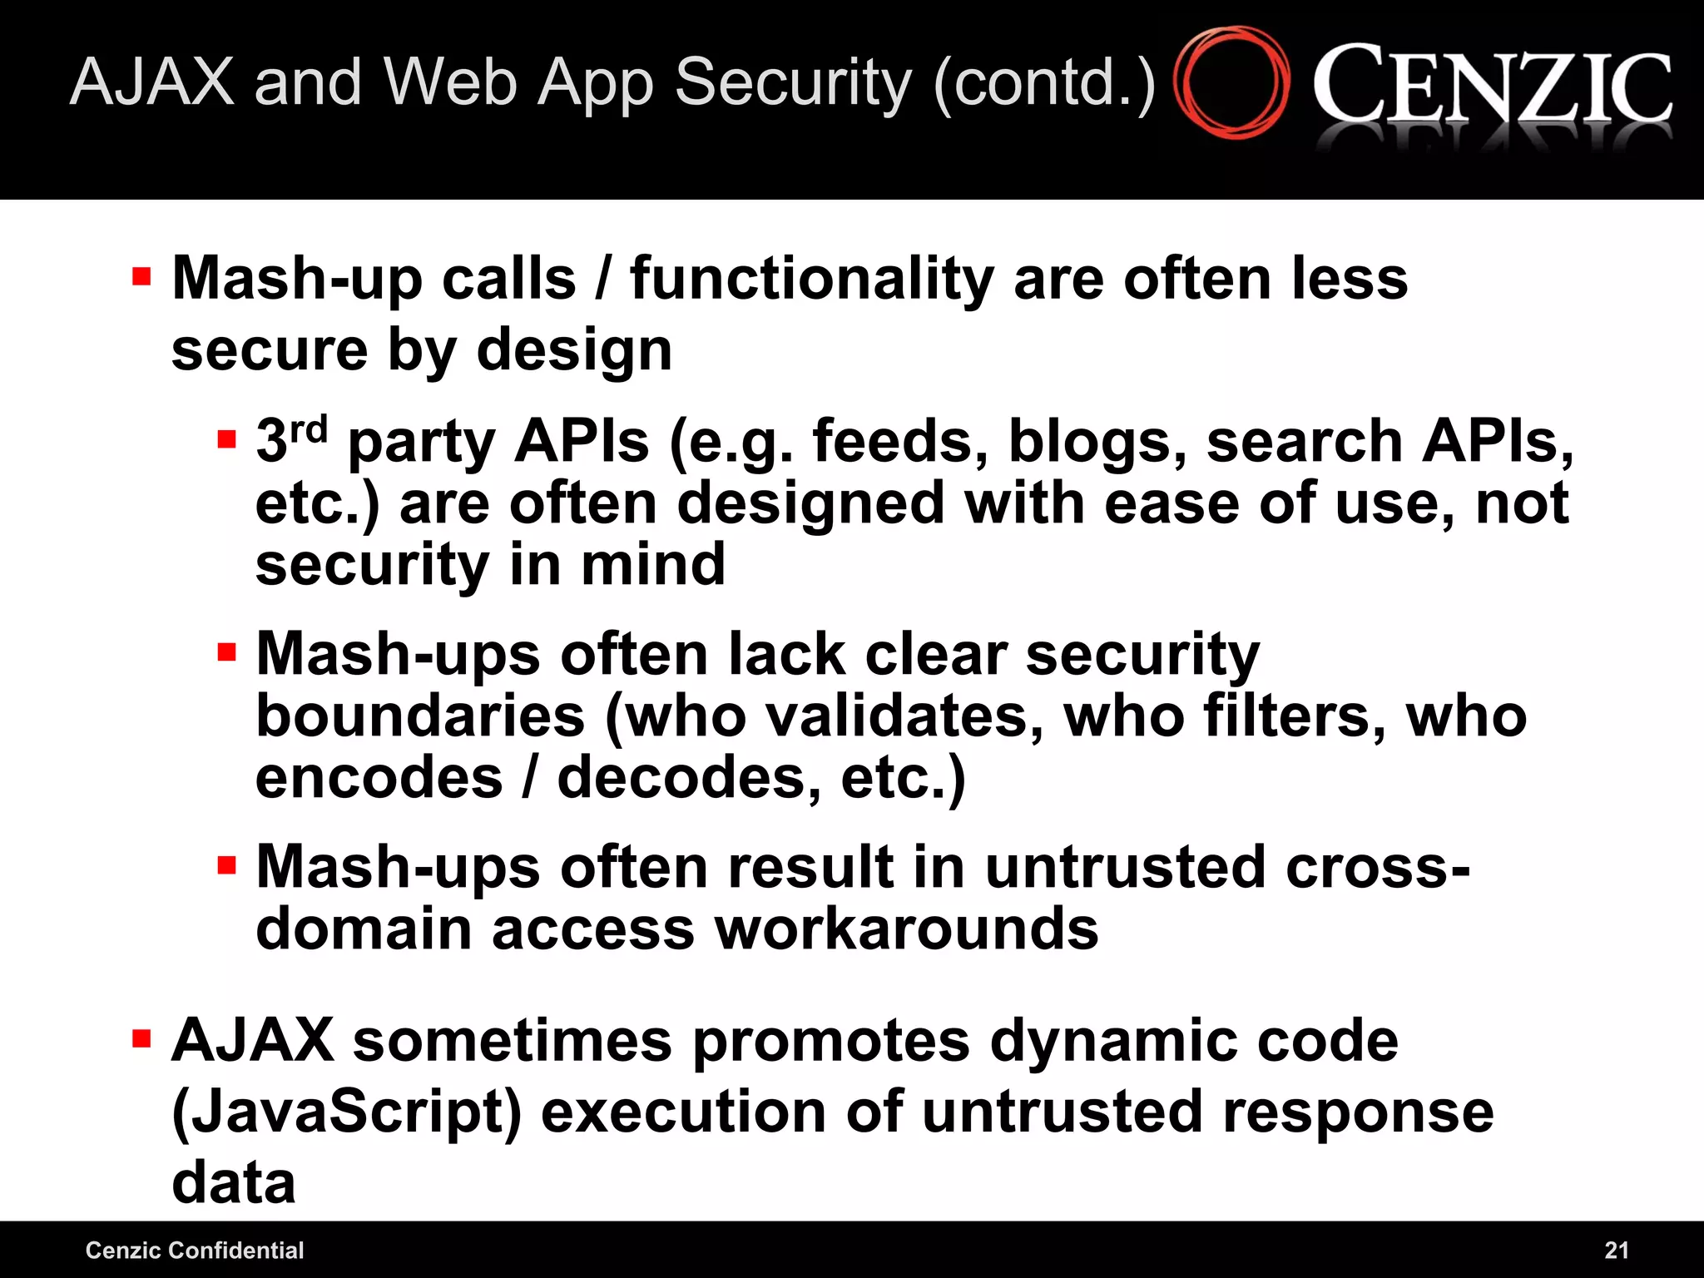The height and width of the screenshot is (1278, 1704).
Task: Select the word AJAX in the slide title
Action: click(x=152, y=82)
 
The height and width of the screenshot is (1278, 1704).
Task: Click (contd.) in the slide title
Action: click(x=1045, y=83)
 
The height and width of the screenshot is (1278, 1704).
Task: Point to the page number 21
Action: click(x=1616, y=1250)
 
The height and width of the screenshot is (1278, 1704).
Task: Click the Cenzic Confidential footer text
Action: click(x=195, y=1250)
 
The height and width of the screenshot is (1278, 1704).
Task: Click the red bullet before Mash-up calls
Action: click(x=141, y=276)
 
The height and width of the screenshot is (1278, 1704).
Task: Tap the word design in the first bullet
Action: click(x=574, y=350)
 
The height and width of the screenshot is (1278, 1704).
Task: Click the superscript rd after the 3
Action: click(x=309, y=428)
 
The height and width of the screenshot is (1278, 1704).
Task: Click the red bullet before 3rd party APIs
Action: click(x=226, y=438)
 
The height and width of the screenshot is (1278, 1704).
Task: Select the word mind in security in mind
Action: click(x=653, y=565)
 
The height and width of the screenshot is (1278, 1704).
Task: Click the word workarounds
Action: click(x=907, y=929)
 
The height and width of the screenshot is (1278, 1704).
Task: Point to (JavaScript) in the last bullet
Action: click(x=346, y=1112)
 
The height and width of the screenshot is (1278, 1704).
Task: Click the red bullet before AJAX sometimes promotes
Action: click(x=141, y=1038)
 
